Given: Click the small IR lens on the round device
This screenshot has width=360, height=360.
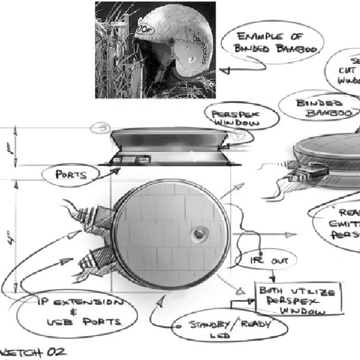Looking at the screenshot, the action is coord(198,232).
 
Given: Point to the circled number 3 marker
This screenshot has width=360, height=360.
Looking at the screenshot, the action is coord(101,128).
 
